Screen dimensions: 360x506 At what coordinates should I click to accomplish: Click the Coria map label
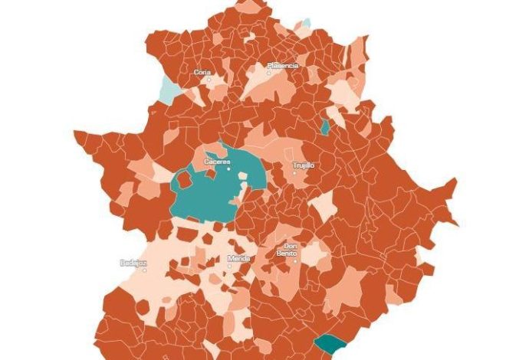pos(202,72)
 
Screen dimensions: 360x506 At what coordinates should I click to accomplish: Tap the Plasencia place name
pos(282,66)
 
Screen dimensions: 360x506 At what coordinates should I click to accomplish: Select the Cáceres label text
pos(217,161)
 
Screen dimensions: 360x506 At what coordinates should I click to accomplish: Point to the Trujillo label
pos(304,165)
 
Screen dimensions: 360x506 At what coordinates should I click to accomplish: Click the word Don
pos(291,246)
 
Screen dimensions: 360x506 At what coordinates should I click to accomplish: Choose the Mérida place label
pos(239,258)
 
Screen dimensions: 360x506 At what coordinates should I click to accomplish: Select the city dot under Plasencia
pos(269,73)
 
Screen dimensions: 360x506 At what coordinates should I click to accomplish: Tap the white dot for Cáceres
pos(228,169)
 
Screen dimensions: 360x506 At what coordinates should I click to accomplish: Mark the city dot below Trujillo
pos(294,172)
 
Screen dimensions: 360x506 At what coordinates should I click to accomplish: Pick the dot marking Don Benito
pos(295,260)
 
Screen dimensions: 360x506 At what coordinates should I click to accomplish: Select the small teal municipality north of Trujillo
pos(325,127)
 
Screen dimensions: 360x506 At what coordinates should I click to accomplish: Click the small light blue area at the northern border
pos(304,25)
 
